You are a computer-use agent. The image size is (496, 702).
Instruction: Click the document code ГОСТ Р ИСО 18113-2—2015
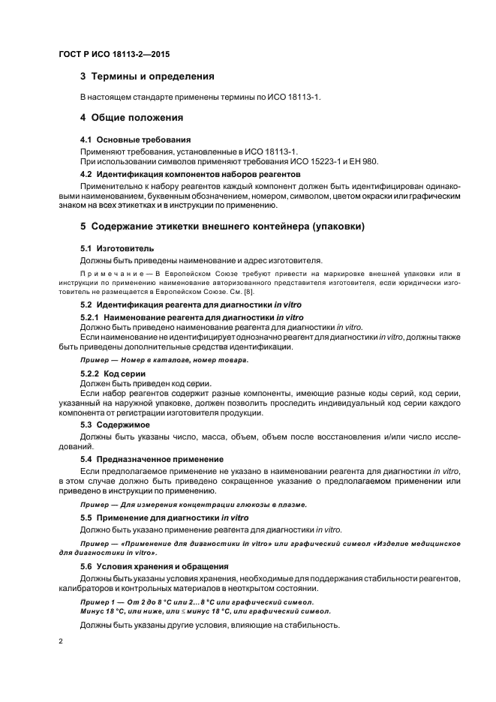pyautogui.click(x=114, y=55)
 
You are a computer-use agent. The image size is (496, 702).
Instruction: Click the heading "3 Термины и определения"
pyautogui.click(x=147, y=76)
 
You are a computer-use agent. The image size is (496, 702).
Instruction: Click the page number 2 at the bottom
pyautogui.click(x=61, y=641)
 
